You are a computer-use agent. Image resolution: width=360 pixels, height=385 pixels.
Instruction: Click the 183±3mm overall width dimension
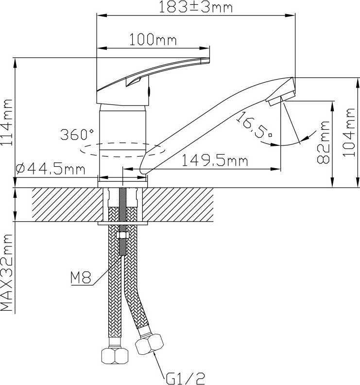(x=196, y=7)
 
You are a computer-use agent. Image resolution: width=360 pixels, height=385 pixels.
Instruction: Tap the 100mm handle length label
(x=153, y=40)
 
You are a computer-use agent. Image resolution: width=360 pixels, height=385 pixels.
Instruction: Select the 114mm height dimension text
(x=7, y=122)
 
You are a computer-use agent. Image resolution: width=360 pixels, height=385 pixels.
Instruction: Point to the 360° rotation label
(x=77, y=134)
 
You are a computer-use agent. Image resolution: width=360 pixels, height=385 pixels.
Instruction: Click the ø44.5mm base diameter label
(x=51, y=169)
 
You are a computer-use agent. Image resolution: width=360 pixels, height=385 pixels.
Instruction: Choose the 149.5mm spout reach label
(x=215, y=161)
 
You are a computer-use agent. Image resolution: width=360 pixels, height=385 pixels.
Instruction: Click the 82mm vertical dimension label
(x=323, y=142)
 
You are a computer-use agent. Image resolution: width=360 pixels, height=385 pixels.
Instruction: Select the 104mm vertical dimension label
(x=349, y=132)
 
